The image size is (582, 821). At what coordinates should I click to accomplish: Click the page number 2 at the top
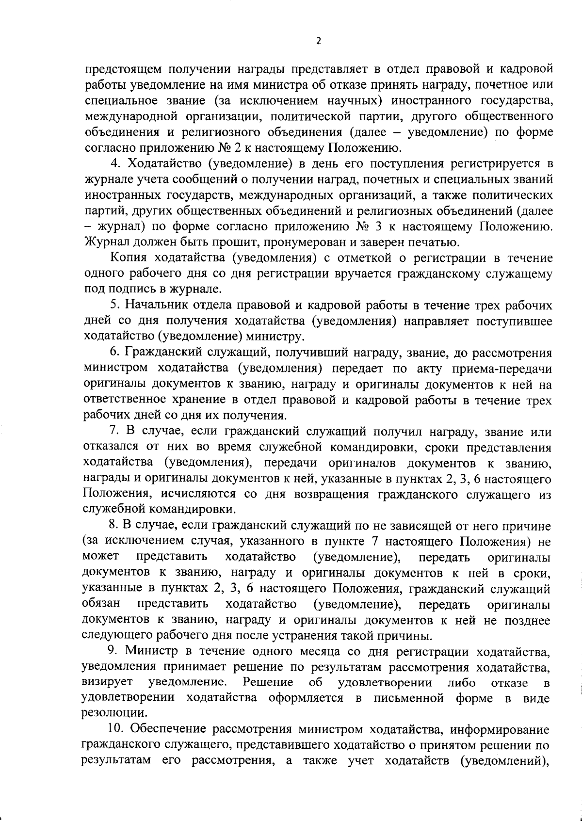tap(318, 41)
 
